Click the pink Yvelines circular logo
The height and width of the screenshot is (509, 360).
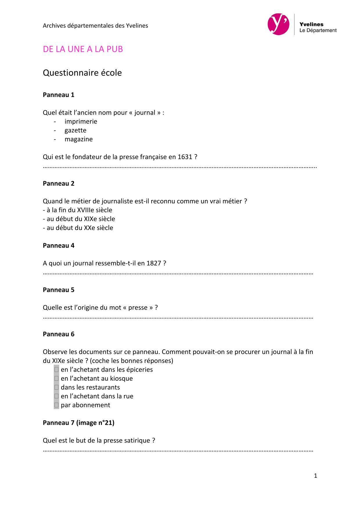click(278, 24)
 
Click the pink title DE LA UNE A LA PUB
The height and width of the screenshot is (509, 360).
click(83, 49)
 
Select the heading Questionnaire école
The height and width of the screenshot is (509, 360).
click(82, 73)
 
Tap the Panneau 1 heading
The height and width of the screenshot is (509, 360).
click(58, 95)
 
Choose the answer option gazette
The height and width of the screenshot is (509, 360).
click(75, 130)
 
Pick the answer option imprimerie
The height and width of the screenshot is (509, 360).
click(81, 121)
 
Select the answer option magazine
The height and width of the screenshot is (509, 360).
click(78, 139)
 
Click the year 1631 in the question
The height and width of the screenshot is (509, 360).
click(185, 157)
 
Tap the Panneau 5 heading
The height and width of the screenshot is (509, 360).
click(58, 290)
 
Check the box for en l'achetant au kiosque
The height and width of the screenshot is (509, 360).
click(57, 378)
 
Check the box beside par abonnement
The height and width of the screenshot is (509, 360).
click(57, 405)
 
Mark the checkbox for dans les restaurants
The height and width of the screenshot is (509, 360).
click(57, 387)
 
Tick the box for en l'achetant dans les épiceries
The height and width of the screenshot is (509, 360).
click(57, 370)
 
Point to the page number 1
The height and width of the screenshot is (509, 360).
click(315, 476)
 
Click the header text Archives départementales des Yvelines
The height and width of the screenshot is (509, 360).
click(95, 26)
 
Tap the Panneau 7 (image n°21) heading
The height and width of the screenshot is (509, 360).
click(78, 423)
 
